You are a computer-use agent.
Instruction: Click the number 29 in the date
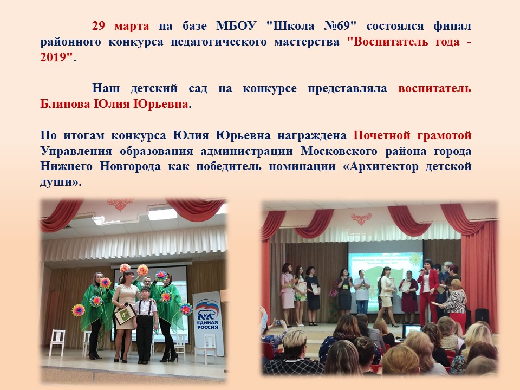coord(99,26)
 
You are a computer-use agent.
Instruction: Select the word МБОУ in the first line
coord(236,26)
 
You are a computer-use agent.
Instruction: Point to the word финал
coord(452,26)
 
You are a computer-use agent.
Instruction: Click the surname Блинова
coord(65,104)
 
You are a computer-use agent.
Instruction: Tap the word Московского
coord(339,151)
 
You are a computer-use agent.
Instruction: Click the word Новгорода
coord(131,166)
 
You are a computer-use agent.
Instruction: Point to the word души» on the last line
coord(61,182)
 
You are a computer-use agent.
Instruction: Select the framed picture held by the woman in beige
coord(125,314)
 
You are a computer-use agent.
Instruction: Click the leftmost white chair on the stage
coord(57,342)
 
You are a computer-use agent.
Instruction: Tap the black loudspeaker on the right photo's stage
coord(482,316)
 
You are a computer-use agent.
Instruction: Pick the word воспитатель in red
coord(434,88)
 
